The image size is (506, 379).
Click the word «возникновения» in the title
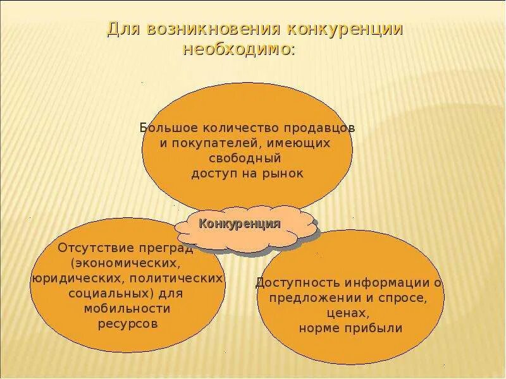[214, 30]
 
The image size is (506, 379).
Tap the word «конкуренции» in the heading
[347, 30]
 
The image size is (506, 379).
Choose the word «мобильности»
[127, 308]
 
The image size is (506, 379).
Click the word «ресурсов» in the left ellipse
[127, 323]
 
